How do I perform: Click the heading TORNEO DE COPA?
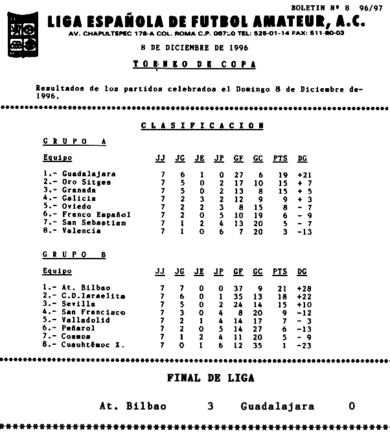coord(194,65)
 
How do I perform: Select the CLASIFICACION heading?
coord(202,126)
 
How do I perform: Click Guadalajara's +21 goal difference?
coord(304,174)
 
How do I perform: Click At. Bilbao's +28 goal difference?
coord(304,287)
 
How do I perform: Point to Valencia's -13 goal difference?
coord(304,231)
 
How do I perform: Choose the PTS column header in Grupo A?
coord(280,158)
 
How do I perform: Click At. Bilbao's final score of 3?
coord(211,406)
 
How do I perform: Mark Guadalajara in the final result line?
coord(277,406)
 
